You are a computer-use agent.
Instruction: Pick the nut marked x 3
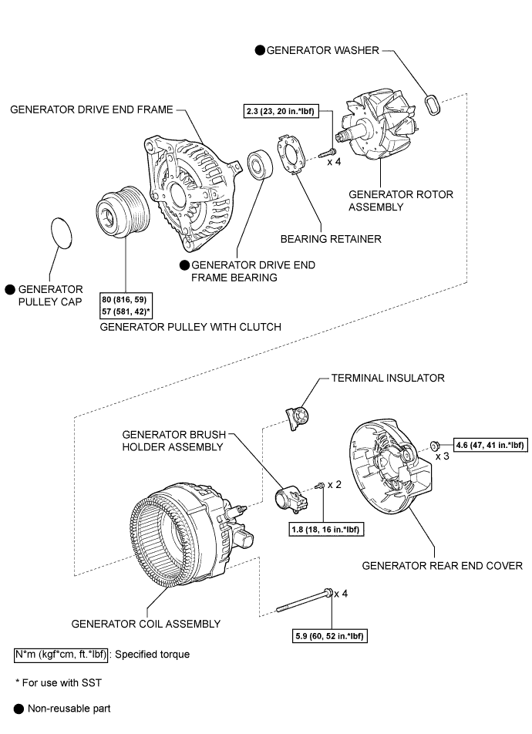[435, 445]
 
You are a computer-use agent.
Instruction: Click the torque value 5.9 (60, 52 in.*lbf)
[329, 636]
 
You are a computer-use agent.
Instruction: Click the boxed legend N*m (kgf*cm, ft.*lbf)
[62, 655]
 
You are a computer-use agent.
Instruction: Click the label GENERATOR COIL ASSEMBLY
[146, 624]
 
